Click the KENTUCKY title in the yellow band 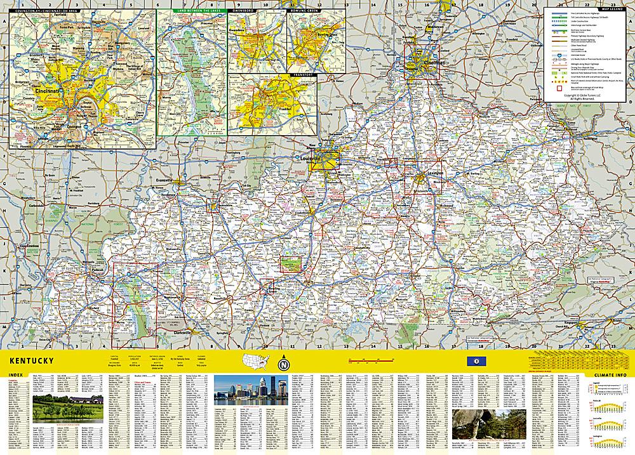30,361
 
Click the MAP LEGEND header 587,8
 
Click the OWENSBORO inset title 242,11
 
